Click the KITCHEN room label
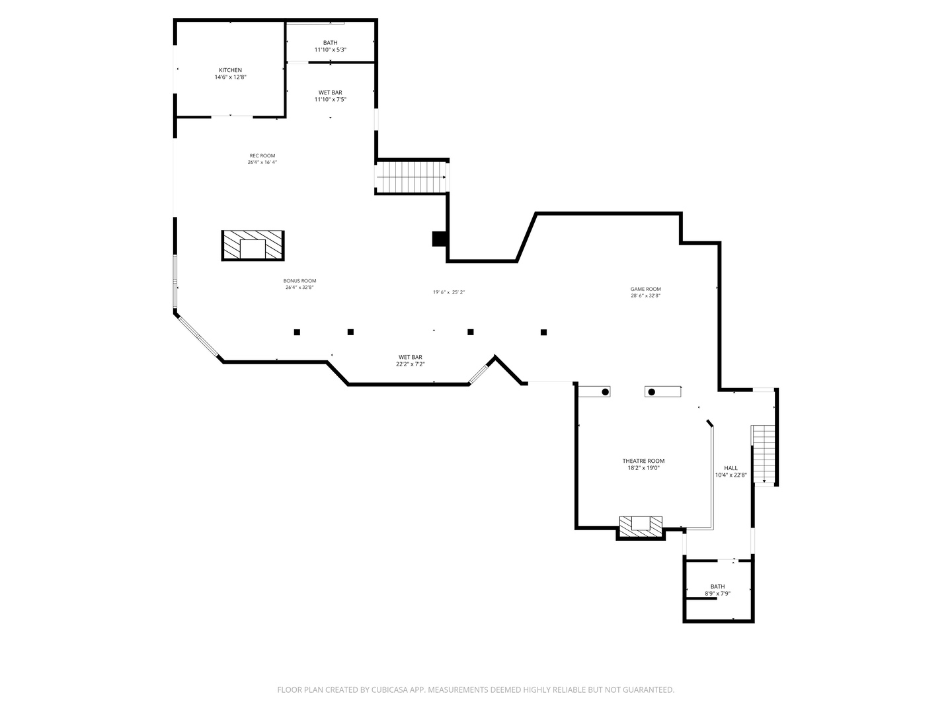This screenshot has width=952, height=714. coord(230,70)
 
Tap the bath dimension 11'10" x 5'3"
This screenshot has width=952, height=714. coord(330,50)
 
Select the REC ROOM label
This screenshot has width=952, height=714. coord(262,156)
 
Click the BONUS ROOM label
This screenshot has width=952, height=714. coord(299,281)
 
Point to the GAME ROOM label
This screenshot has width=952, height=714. coord(645,289)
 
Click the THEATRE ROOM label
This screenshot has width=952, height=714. coord(643,461)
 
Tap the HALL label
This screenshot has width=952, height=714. coord(731,468)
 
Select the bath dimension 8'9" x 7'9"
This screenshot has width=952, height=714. coord(717,594)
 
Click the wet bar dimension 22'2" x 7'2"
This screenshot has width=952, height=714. coord(410,364)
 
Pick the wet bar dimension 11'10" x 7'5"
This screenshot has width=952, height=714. coord(330,100)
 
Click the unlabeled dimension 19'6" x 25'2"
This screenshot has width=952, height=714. coord(449,292)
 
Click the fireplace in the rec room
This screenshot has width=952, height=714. coord(253,246)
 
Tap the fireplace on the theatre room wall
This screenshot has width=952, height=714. coord(640,526)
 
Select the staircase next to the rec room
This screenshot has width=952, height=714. coord(411,177)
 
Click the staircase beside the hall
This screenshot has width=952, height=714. coord(764,456)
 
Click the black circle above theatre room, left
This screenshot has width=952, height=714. coord(605,392)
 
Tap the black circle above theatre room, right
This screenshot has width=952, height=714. coord(651,392)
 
